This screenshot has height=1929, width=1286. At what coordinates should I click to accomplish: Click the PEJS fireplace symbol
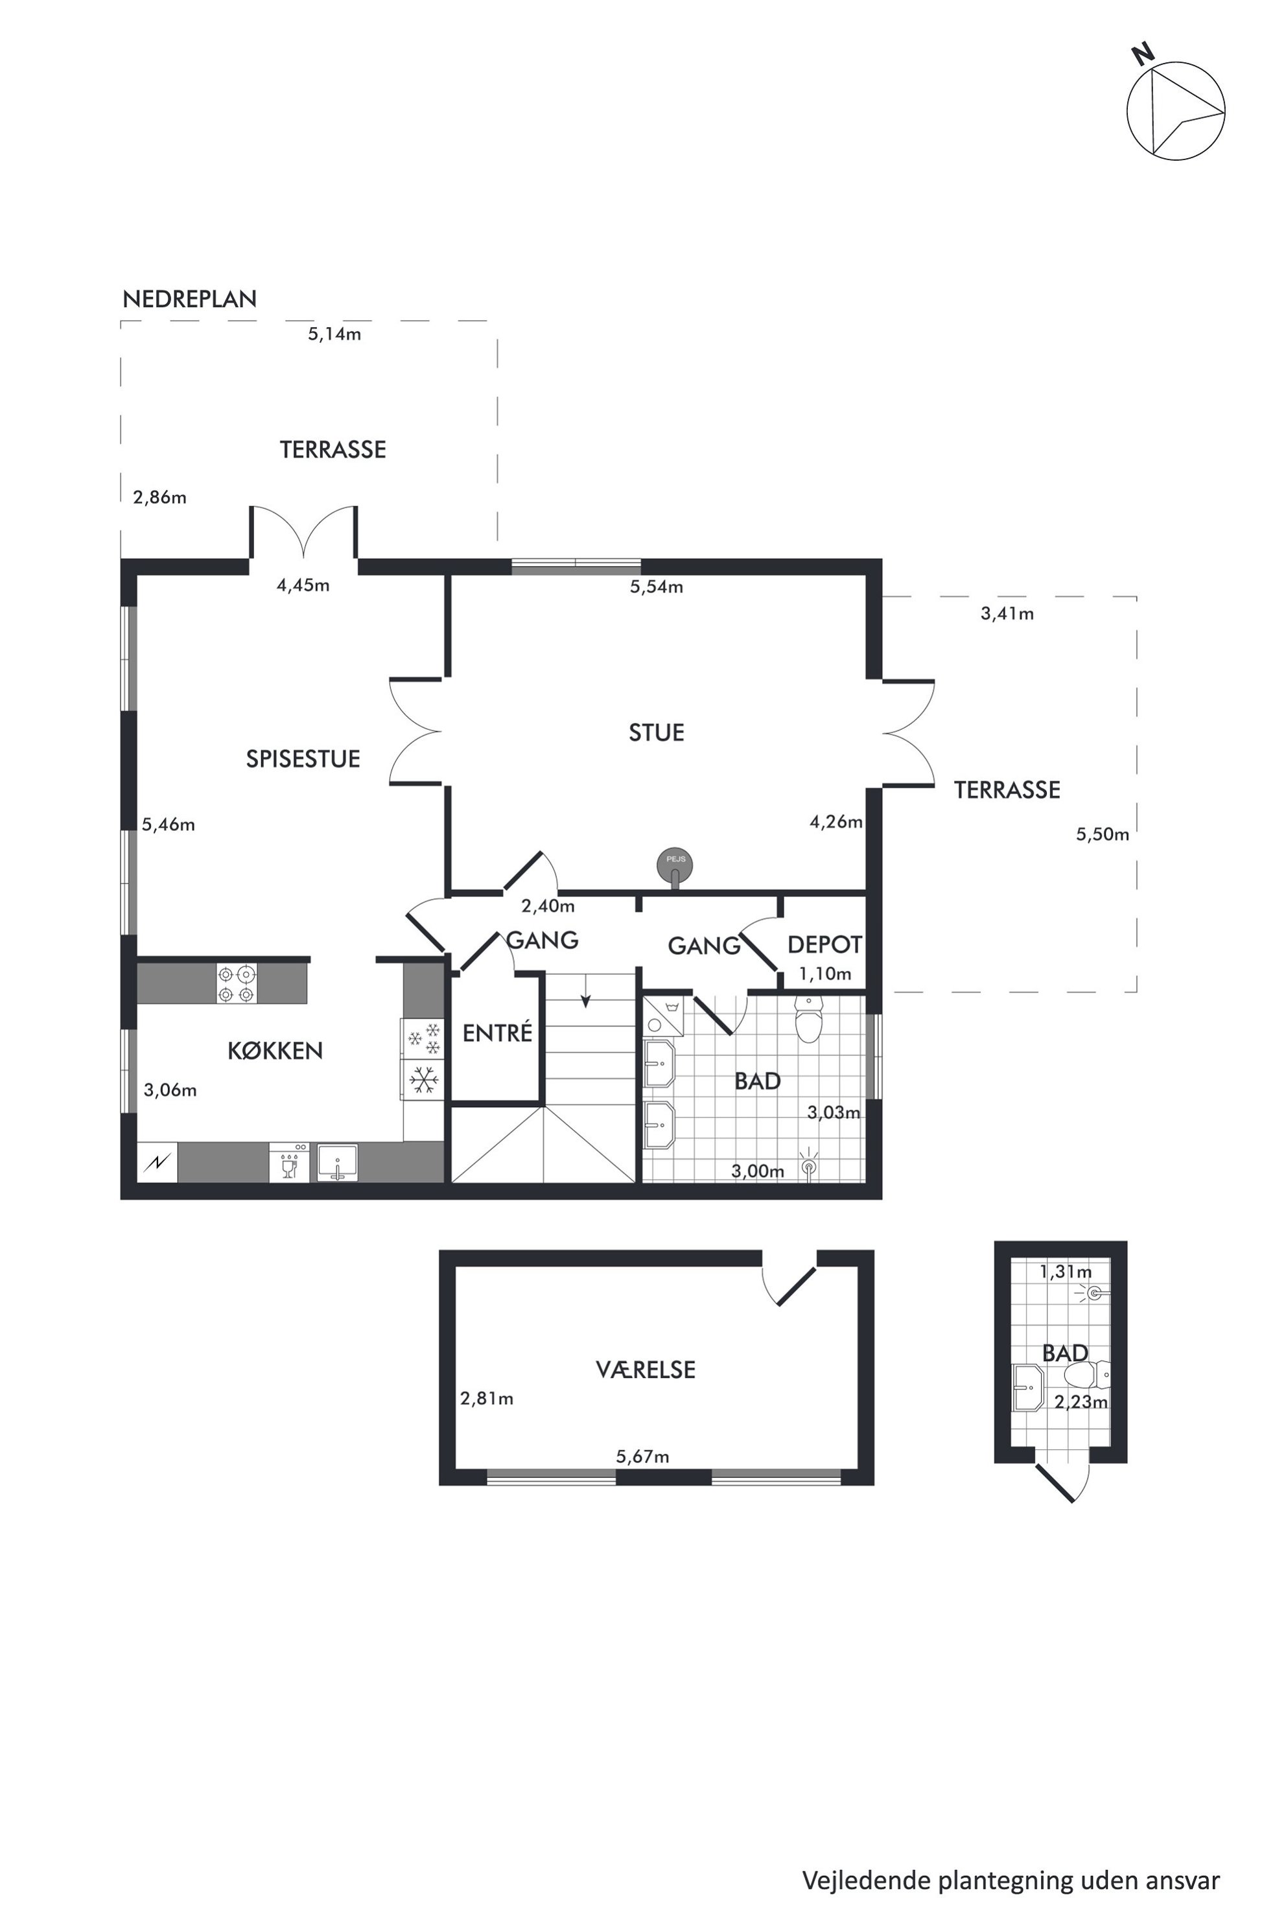[675, 866]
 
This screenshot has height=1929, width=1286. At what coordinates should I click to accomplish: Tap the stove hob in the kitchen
[236, 984]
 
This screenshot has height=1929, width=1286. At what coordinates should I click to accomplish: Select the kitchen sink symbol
[337, 1163]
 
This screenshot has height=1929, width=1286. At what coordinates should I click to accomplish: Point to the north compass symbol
[1175, 108]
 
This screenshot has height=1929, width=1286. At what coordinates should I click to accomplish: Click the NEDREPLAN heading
[189, 299]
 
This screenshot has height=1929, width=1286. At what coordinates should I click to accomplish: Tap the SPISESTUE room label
[303, 758]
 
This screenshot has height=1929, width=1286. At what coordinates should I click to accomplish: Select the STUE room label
[656, 732]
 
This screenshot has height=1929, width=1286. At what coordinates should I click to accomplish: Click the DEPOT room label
[824, 945]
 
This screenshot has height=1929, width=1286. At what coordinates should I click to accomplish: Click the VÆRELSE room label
[646, 1369]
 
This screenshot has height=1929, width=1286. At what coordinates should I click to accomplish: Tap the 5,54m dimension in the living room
[656, 587]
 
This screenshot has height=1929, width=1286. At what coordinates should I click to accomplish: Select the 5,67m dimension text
[642, 1456]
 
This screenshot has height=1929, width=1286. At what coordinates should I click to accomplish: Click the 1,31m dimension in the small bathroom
[1066, 1272]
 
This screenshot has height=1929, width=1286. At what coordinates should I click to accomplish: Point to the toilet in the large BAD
[808, 1020]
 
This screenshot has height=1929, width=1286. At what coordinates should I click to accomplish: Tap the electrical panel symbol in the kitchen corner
[158, 1162]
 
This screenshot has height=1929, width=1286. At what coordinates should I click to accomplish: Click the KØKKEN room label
[275, 1051]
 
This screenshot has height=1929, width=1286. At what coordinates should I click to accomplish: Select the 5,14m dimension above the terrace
[334, 334]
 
